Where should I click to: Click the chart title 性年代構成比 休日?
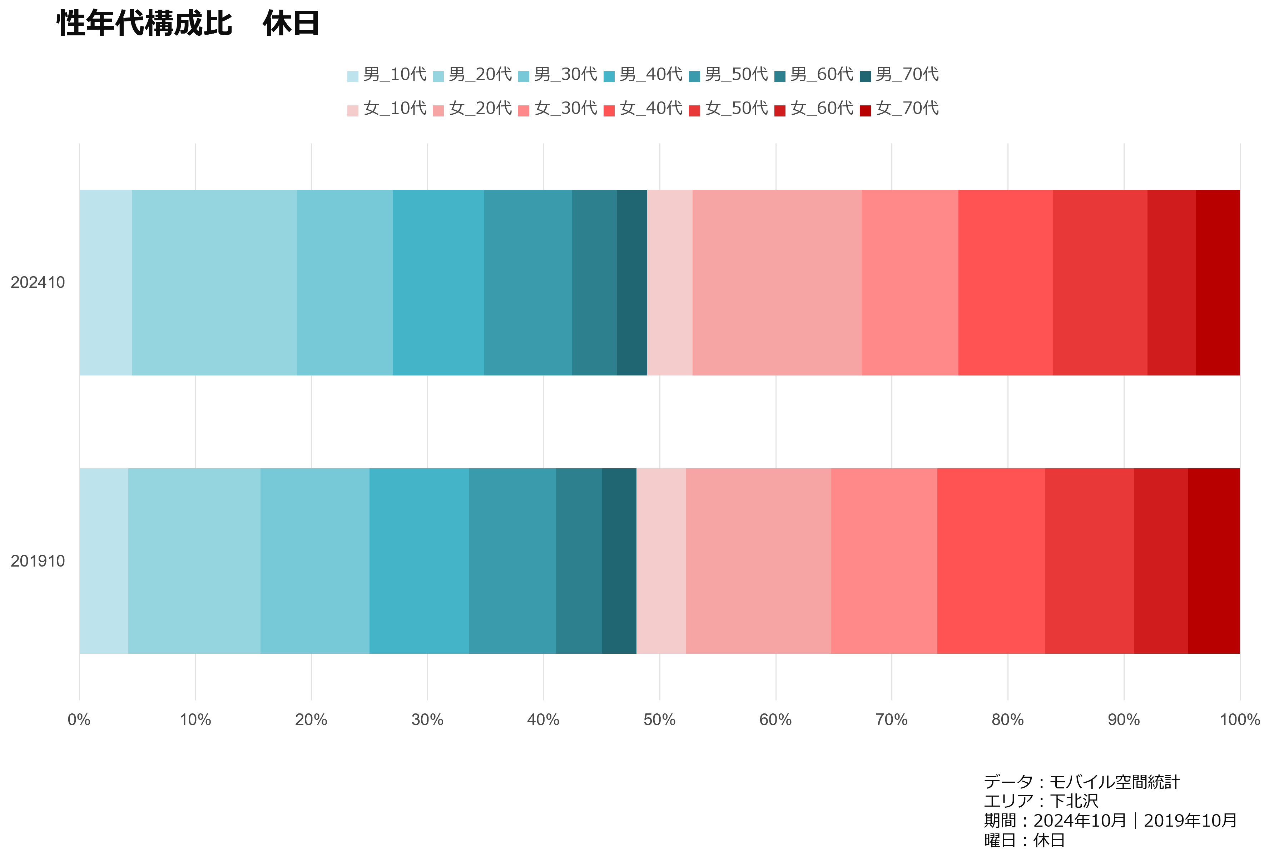[x=188, y=24]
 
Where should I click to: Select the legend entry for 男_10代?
[x=387, y=75]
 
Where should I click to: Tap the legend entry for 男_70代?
[x=899, y=75]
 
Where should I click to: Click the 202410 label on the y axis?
[x=38, y=283]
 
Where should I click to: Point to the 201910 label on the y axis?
[x=38, y=561]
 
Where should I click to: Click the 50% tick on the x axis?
[x=659, y=719]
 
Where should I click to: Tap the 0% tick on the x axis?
[x=79, y=719]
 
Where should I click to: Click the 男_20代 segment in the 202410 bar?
[x=214, y=283]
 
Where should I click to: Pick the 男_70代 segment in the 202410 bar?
[x=632, y=283]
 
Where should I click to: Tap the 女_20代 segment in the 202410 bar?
[x=777, y=283]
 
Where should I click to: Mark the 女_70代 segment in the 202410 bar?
[x=1218, y=283]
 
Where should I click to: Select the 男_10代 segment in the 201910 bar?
[x=104, y=561]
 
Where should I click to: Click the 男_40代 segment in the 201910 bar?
[x=419, y=561]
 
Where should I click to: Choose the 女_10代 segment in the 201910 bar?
[x=661, y=561]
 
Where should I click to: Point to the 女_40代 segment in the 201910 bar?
[x=991, y=561]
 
